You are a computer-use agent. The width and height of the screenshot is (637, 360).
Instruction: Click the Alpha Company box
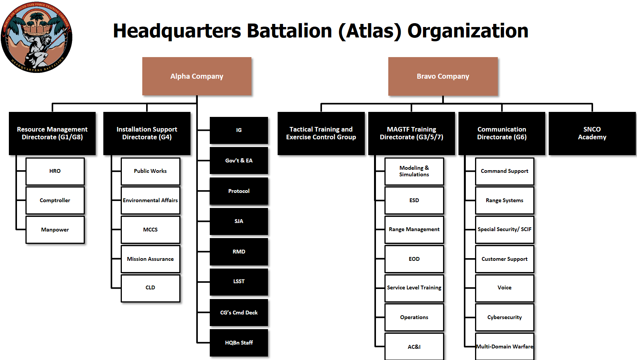[197, 76]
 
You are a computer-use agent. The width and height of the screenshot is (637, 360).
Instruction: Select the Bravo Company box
[443, 76]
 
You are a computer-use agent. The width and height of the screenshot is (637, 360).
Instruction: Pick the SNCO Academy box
[592, 133]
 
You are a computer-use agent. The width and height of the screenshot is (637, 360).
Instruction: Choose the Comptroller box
[55, 200]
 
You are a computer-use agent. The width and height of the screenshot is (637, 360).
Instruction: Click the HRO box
[55, 171]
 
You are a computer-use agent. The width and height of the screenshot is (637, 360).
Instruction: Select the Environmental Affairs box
[150, 200]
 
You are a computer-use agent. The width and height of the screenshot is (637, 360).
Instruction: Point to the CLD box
[150, 288]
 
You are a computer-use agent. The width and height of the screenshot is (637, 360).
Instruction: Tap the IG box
[239, 130]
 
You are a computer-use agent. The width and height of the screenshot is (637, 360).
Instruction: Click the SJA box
[239, 221]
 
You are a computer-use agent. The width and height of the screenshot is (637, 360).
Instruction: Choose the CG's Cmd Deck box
[239, 313]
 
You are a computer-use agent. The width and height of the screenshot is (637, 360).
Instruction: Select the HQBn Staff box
[239, 343]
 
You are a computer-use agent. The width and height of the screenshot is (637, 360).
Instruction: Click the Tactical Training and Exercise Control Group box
[321, 133]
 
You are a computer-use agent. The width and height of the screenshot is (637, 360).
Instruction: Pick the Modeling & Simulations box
[414, 171]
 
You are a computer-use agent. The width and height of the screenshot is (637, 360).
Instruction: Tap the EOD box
[414, 259]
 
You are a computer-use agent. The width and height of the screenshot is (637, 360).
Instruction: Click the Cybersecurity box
[504, 317]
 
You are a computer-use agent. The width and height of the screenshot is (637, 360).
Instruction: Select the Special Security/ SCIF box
[504, 229]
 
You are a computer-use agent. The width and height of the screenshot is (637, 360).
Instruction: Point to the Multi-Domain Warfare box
[504, 346]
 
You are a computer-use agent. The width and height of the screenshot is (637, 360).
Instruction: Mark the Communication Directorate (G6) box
[502, 133]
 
